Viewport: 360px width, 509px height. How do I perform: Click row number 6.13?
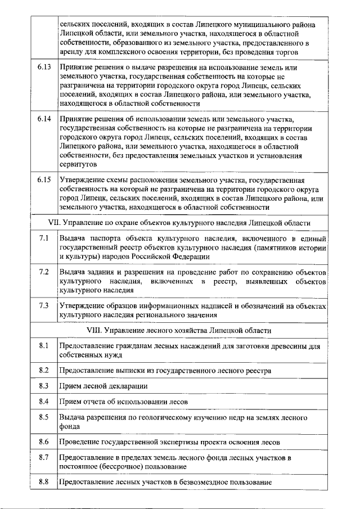(44, 67)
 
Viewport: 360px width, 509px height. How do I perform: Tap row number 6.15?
(44, 180)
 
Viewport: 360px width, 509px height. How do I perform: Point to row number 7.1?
(44, 238)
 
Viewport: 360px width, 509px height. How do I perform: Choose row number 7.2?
(44, 272)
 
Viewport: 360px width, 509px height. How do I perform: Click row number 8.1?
(44, 345)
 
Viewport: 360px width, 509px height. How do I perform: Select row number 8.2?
(44, 370)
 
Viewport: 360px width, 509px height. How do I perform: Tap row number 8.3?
(44, 386)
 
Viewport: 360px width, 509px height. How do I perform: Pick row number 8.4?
(44, 402)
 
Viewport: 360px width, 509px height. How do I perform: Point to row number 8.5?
(44, 417)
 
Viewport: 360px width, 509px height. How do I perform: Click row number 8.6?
(44, 442)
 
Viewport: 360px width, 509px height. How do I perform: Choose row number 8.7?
(44, 458)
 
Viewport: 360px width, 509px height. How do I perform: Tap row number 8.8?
(44, 482)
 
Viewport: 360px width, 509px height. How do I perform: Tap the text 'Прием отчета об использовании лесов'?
(123, 402)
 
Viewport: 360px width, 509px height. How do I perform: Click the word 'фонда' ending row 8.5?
(69, 426)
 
